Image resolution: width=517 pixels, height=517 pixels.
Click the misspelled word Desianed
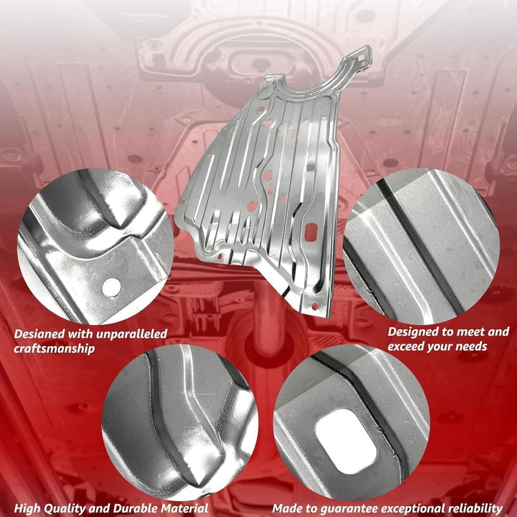pos(39,334)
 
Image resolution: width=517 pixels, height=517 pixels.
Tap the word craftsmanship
pos(54,349)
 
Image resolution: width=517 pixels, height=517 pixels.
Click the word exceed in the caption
pos(408,346)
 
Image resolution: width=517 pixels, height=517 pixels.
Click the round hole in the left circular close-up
pos(111,288)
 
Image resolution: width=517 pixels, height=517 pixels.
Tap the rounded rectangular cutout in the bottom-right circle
pos(346,441)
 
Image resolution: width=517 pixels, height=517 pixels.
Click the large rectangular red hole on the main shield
pos(311,232)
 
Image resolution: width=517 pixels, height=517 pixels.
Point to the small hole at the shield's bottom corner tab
pos(315,306)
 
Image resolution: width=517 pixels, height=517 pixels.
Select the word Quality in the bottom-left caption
pos(66,509)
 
